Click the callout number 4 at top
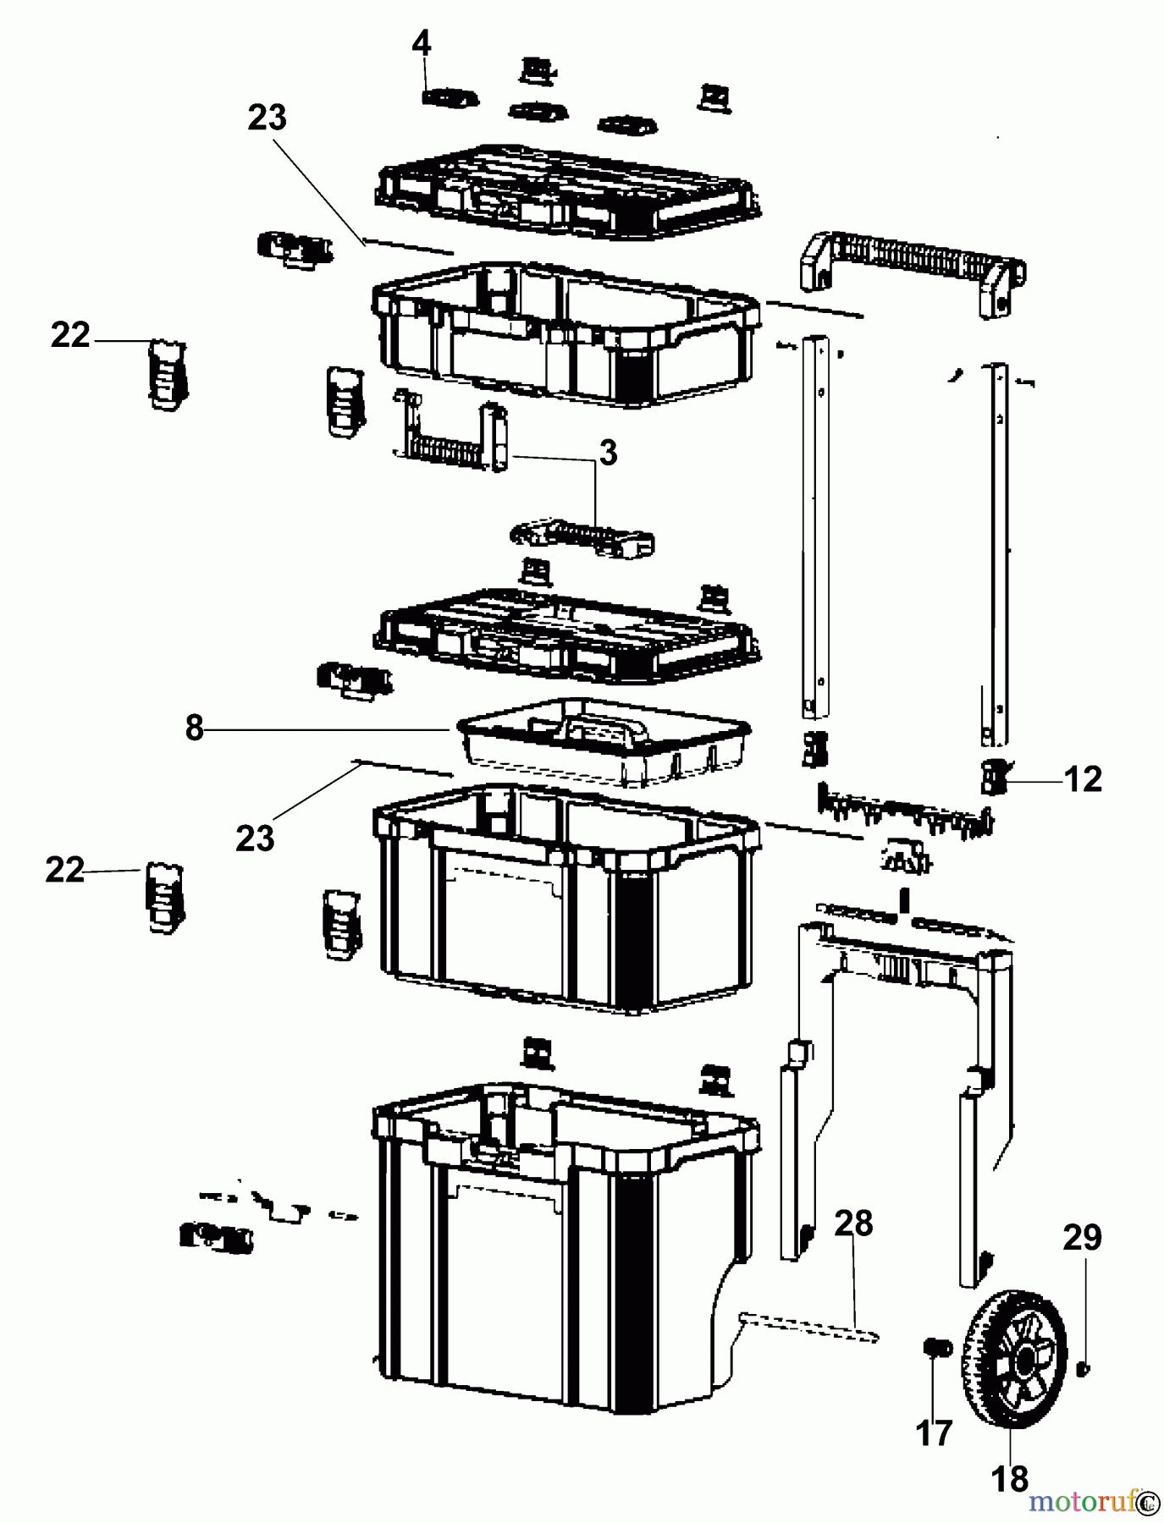point(422,42)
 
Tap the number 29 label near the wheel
point(1082,1237)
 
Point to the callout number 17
point(934,1432)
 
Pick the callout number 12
point(1084,778)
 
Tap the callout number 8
point(195,728)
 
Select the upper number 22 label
point(70,335)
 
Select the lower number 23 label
point(255,838)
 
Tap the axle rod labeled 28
point(808,1326)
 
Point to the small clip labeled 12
point(991,776)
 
